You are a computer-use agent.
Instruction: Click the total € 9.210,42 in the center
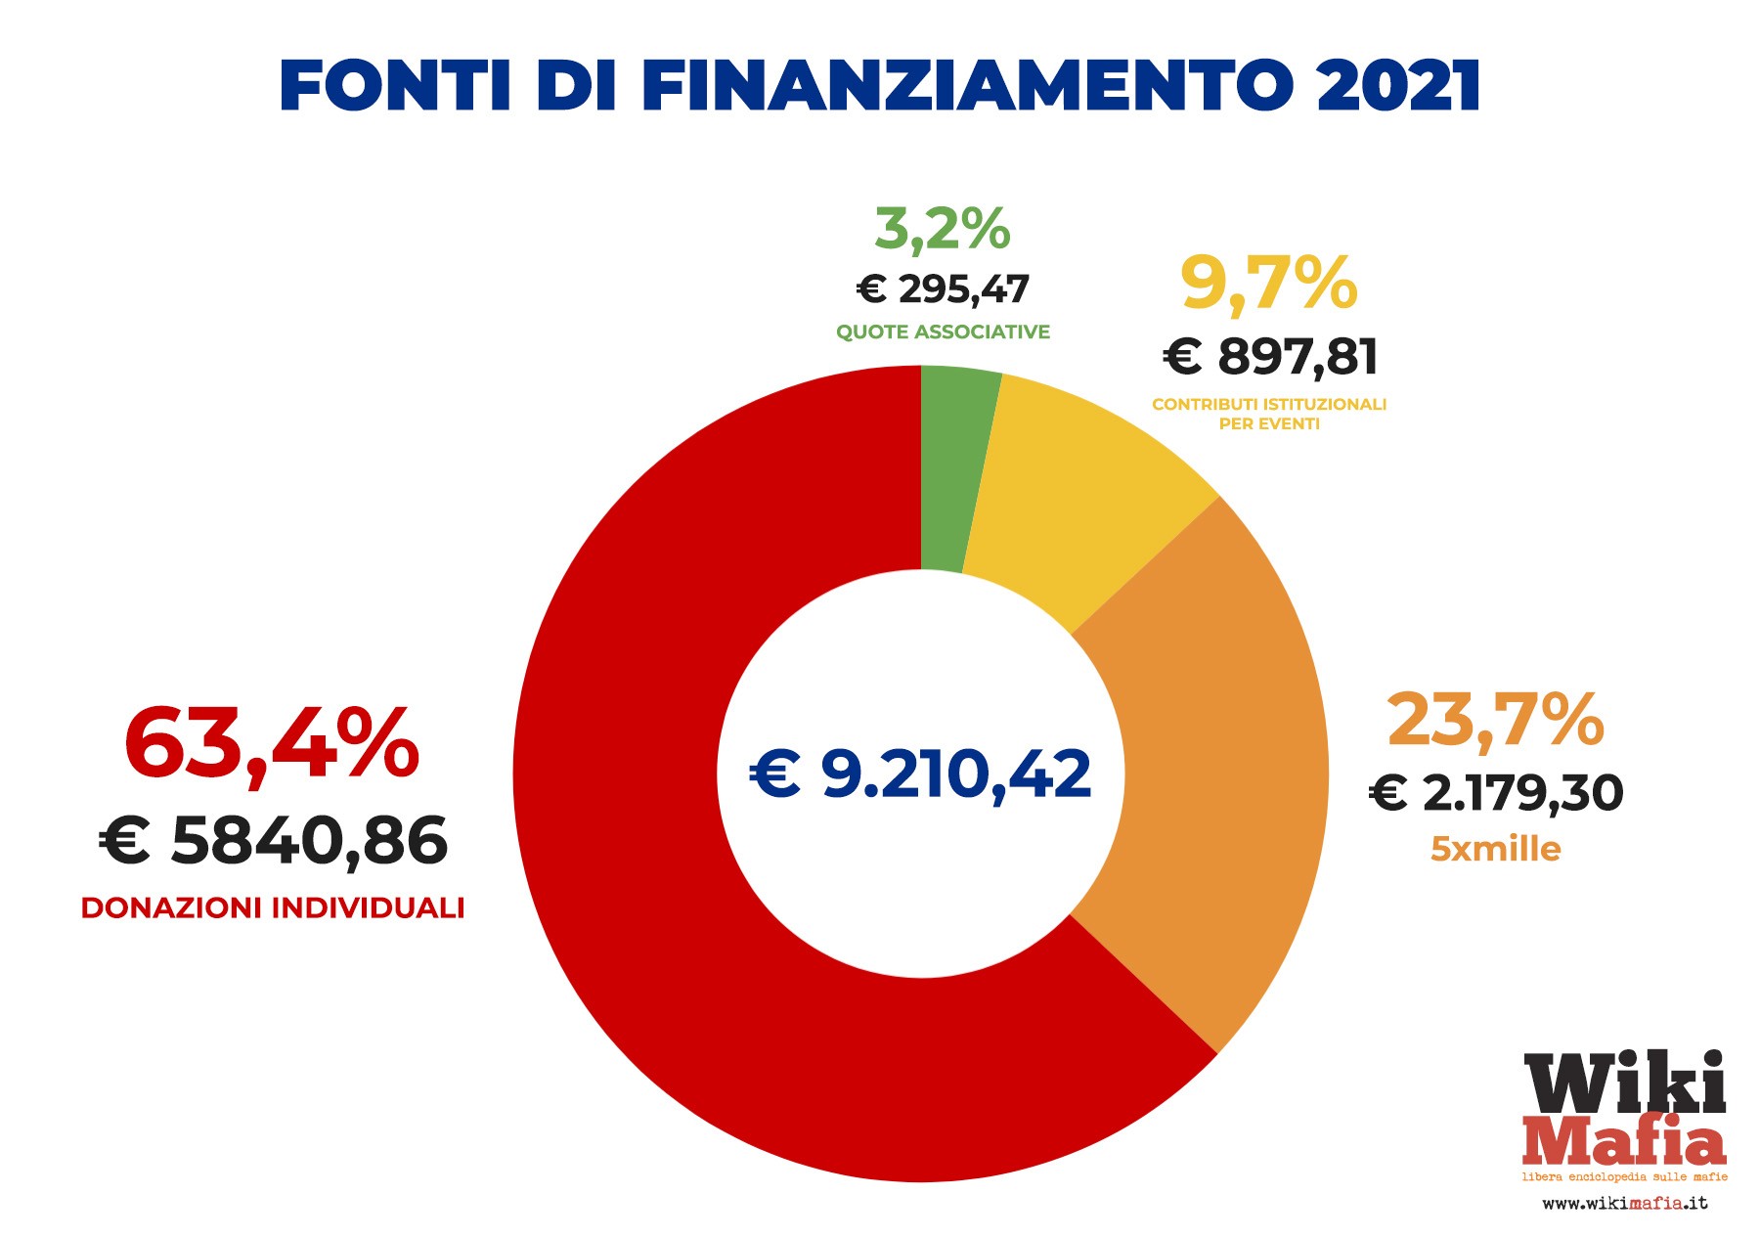[920, 774]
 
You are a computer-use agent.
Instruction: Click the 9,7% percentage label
[1268, 284]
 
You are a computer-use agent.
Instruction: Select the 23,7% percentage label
[1495, 720]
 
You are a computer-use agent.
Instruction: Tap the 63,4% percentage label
[272, 744]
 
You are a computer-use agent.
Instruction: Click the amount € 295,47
[943, 289]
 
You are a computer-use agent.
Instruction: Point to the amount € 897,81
[1270, 356]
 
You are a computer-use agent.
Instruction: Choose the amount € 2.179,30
[1495, 792]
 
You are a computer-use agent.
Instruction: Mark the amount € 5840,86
[273, 841]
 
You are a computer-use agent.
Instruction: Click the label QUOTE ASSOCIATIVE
[943, 332]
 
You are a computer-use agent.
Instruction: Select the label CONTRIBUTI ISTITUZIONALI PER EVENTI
[1269, 414]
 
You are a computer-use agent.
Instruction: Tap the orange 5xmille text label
[1495, 849]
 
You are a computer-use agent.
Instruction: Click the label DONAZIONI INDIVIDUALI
[272, 908]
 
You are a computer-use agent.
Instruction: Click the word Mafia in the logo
[1624, 1141]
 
